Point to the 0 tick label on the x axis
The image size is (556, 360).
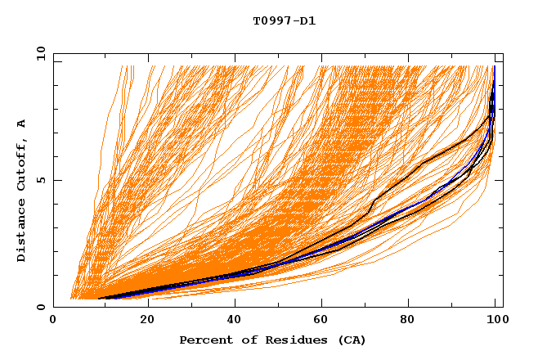click(x=54, y=321)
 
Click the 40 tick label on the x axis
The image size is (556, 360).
click(x=235, y=321)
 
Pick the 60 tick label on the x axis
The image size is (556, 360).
click(x=324, y=321)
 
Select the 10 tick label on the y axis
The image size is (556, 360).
click(x=38, y=53)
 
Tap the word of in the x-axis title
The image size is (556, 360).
click(x=244, y=340)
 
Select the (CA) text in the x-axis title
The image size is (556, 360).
click(x=350, y=340)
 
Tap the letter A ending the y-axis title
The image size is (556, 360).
click(x=22, y=124)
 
